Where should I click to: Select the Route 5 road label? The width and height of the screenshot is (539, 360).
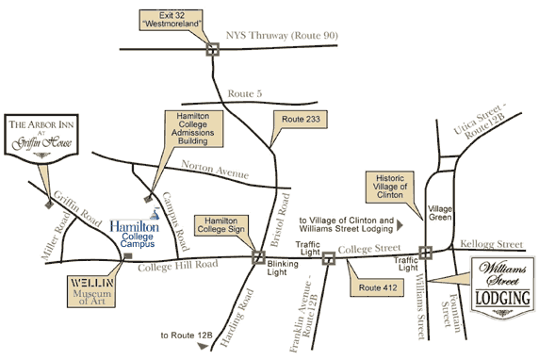243,92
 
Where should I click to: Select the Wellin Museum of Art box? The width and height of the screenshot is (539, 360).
91,291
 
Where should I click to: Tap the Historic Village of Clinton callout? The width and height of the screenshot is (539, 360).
389,185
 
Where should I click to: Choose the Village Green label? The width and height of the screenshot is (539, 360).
441,212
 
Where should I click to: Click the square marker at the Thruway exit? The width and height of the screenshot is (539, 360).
213,50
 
